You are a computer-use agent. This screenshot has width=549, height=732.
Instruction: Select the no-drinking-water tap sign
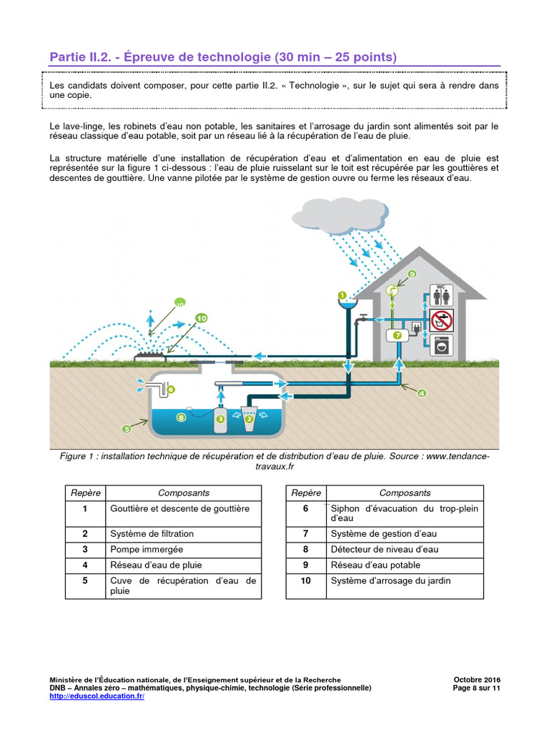(x=441, y=320)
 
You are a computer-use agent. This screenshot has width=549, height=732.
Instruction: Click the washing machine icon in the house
(x=441, y=346)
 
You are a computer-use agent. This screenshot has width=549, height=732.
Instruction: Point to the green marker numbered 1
(x=342, y=295)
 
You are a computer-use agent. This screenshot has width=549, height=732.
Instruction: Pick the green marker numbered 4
(x=422, y=392)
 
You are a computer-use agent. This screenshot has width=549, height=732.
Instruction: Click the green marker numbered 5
(x=127, y=430)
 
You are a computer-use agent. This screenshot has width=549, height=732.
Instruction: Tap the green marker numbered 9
(x=412, y=274)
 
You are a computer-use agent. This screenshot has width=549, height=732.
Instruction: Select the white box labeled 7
(x=395, y=335)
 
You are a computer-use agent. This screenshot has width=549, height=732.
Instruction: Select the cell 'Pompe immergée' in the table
(x=147, y=549)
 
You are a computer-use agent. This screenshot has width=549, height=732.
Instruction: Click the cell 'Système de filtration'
(x=152, y=533)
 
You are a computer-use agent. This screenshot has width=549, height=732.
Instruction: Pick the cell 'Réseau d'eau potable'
(x=375, y=565)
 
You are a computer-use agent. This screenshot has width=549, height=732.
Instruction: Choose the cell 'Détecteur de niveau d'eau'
(x=385, y=549)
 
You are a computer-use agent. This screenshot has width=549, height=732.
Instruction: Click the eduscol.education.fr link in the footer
(x=97, y=696)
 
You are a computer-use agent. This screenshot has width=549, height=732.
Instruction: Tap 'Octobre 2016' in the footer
(x=477, y=679)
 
